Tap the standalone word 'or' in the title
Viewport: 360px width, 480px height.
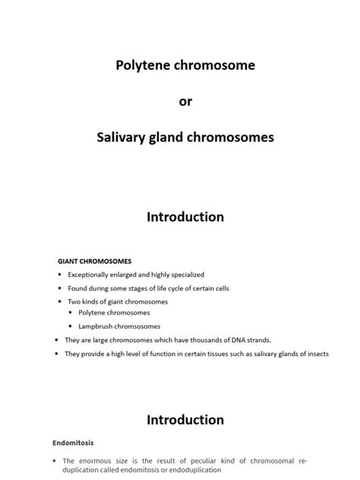pos(180,102)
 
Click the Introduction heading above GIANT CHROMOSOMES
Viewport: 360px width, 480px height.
pos(185,217)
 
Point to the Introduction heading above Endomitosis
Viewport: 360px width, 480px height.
pos(185,419)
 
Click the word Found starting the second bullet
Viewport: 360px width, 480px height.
pos(77,288)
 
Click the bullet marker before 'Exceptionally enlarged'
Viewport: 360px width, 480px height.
pos(58,274)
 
